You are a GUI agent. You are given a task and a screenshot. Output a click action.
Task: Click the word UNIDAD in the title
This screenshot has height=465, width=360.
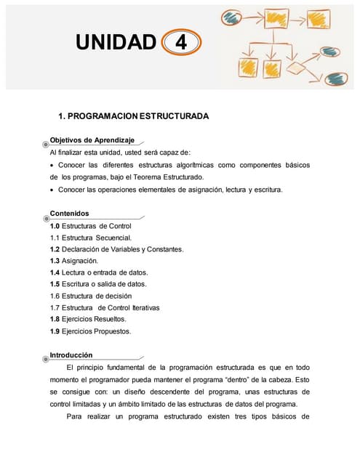[116, 43]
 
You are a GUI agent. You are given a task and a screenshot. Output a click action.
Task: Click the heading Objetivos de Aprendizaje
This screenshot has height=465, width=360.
[92, 139]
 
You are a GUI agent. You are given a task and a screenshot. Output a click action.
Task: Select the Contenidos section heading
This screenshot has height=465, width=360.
[69, 214]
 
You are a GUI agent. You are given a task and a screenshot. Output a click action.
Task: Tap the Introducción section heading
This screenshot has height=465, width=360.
[71, 355]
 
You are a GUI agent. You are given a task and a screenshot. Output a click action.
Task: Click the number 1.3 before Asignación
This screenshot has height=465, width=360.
[55, 261]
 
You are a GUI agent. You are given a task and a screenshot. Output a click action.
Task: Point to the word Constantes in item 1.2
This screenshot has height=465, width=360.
[164, 249]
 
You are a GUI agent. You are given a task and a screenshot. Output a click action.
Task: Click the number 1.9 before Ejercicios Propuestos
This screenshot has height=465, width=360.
[55, 331]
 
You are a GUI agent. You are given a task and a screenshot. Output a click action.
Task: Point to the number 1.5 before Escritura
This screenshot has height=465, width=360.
[55, 284]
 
